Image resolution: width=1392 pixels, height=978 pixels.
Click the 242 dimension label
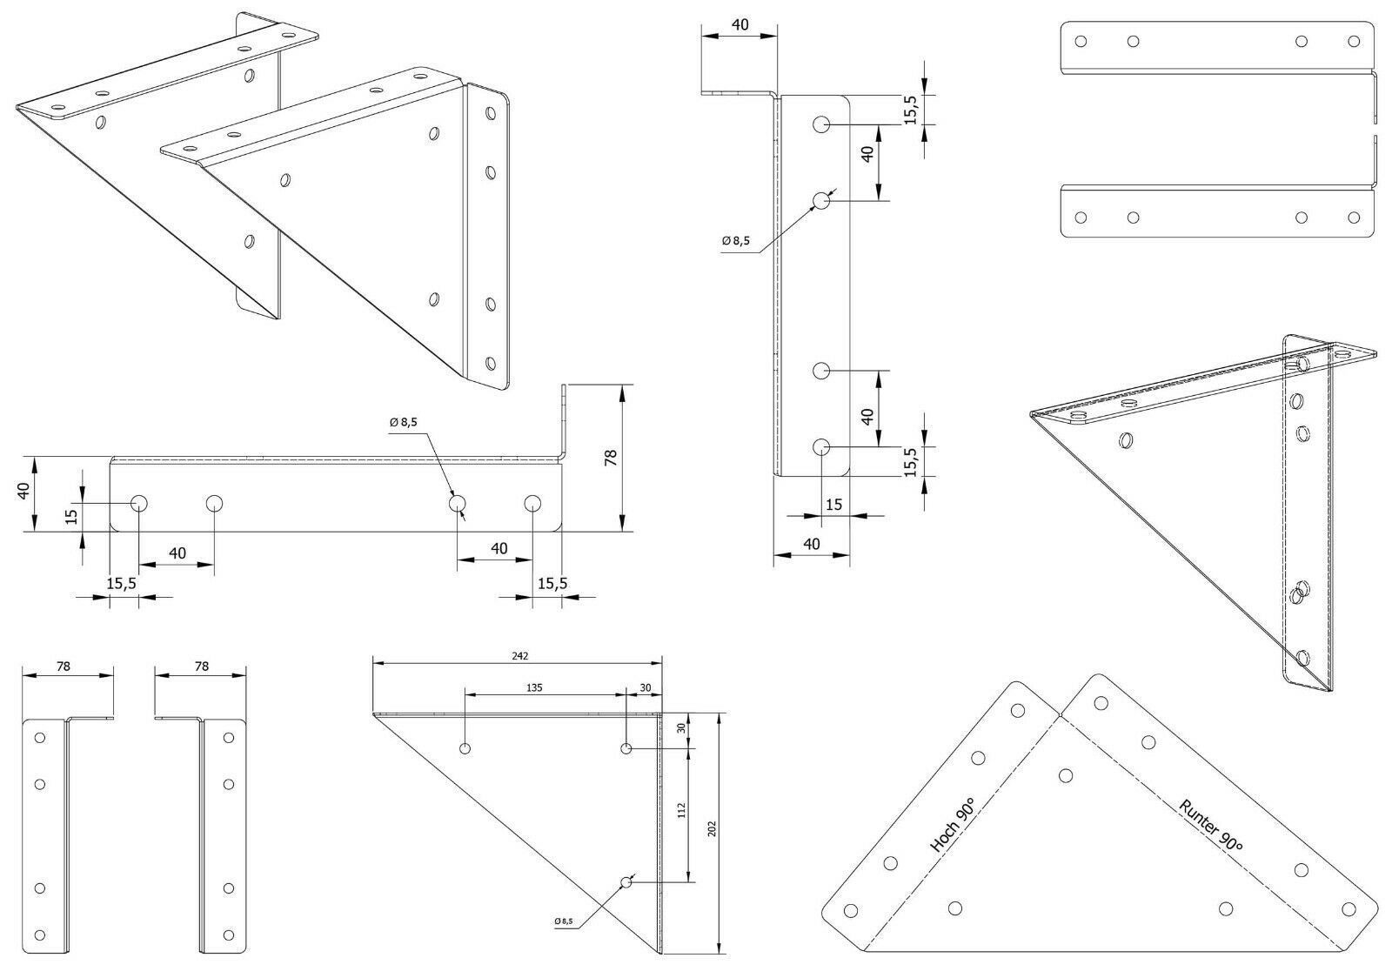coord(520,656)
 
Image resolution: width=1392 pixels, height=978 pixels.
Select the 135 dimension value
coord(534,687)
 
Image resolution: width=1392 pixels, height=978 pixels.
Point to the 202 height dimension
coord(713,828)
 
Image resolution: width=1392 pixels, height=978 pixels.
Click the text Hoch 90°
coord(952,825)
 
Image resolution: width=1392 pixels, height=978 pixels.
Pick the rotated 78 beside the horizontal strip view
coord(611,458)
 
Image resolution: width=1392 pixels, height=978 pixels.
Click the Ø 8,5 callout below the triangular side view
coord(564,921)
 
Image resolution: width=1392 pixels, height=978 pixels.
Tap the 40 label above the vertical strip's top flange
coord(739,25)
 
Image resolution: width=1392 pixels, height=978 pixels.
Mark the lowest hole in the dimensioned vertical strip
coord(821,446)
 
